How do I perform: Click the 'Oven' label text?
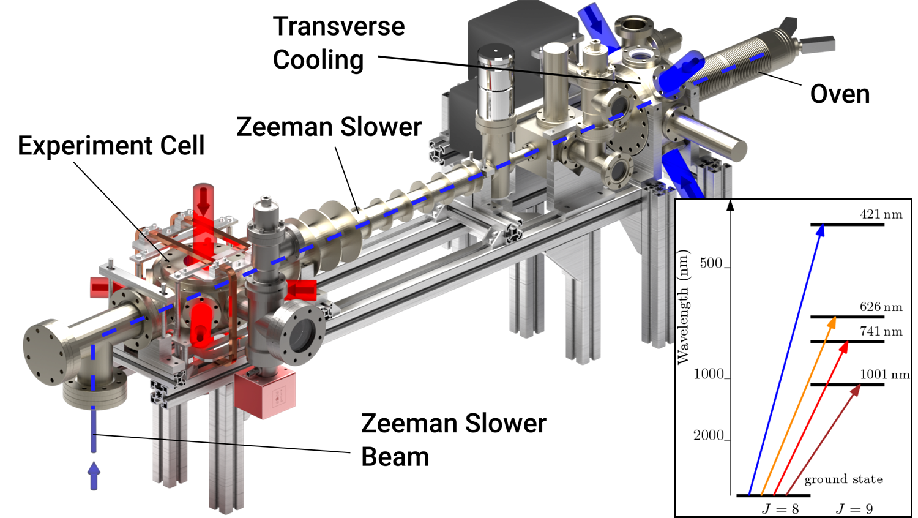840,94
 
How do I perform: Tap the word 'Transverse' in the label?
339,26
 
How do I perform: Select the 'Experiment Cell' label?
111,146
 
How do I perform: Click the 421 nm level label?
881,214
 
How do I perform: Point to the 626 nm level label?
881,307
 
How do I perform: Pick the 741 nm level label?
881,331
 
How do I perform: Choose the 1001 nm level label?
884,374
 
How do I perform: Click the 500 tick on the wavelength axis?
711,263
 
